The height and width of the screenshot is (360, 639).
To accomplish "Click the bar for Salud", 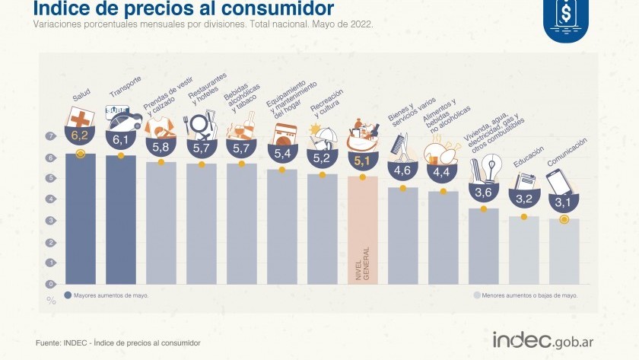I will [x=81, y=221].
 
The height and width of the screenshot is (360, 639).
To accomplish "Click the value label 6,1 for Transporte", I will [x=121, y=139].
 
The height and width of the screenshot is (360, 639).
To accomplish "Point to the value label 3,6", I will [x=483, y=193].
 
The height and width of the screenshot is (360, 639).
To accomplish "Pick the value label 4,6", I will [x=402, y=170].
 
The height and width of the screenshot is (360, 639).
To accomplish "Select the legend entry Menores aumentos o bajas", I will [x=525, y=295].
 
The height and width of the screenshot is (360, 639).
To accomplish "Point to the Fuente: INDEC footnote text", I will [x=118, y=343].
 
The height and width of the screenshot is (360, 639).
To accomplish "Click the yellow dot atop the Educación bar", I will [x=523, y=217].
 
